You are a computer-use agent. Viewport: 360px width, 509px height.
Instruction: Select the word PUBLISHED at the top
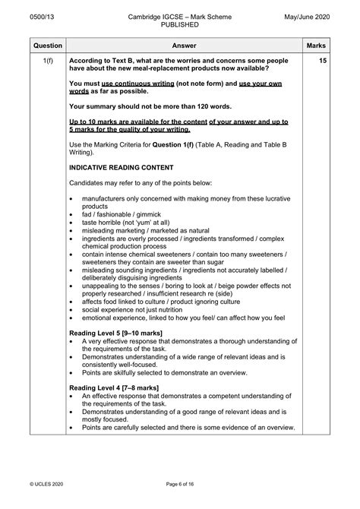point(179,24)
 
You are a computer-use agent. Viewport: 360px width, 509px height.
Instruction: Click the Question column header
point(46,46)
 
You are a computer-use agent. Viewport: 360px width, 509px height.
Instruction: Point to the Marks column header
point(316,46)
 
